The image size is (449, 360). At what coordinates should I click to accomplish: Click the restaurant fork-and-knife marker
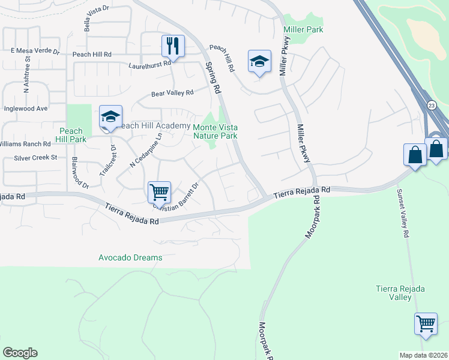tap(172, 46)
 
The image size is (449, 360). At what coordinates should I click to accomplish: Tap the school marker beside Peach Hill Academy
tap(110, 117)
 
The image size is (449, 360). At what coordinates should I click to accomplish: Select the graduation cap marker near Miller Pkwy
tap(259, 61)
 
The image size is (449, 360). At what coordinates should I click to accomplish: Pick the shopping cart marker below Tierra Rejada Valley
tap(426, 323)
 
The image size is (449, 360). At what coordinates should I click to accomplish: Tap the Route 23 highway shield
tap(432, 106)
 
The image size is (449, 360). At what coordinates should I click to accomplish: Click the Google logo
tap(20, 353)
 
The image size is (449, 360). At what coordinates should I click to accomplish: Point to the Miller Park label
tap(303, 29)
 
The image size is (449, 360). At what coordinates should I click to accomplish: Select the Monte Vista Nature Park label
tap(215, 131)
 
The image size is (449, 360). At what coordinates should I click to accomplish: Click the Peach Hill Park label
tap(71, 135)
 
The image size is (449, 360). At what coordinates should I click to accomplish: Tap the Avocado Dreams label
tap(130, 258)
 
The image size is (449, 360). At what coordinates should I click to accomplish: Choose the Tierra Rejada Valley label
tap(400, 293)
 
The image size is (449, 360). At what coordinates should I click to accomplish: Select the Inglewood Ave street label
tap(25, 109)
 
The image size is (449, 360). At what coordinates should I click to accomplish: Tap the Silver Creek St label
tap(37, 158)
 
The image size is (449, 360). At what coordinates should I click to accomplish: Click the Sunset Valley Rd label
tap(402, 213)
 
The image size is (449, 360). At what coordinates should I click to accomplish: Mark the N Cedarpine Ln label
tap(138, 150)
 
